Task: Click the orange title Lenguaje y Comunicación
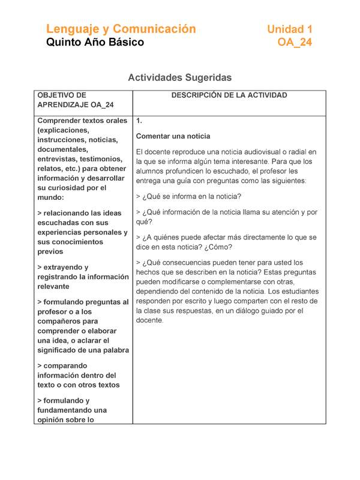coord(121,29)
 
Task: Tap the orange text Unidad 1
coord(289,29)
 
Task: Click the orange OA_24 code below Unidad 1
coord(295,43)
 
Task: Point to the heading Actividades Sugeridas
coord(180,77)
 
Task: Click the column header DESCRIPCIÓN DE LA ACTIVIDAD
coord(229,95)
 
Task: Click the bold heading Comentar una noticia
coord(173,136)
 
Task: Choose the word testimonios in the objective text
coord(102,159)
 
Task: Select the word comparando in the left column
coord(68,365)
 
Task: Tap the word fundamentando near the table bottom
coord(71,410)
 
